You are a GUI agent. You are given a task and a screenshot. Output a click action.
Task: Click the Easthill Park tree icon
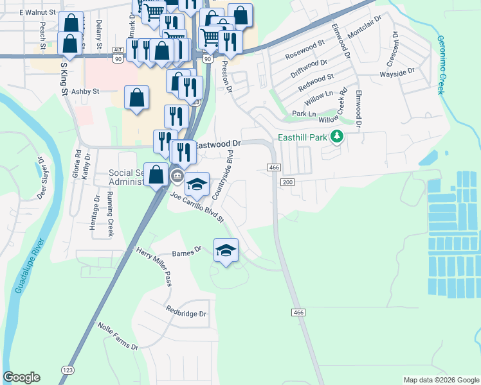click(x=336, y=136)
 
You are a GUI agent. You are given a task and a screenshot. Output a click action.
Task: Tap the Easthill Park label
click(x=303, y=137)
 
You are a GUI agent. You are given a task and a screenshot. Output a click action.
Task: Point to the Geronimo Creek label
click(x=441, y=65)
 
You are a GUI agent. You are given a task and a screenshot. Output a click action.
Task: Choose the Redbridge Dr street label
click(x=186, y=314)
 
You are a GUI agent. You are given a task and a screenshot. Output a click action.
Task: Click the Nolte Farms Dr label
click(x=118, y=336)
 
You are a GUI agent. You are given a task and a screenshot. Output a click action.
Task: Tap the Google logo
click(x=21, y=377)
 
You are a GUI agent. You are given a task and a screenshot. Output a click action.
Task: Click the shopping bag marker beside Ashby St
click(x=137, y=98)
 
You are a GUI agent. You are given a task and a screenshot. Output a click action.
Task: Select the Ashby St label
click(x=86, y=92)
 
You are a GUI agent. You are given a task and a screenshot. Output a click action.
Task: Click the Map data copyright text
click(x=441, y=380)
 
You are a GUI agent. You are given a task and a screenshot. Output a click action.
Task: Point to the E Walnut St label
click(x=39, y=12)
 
